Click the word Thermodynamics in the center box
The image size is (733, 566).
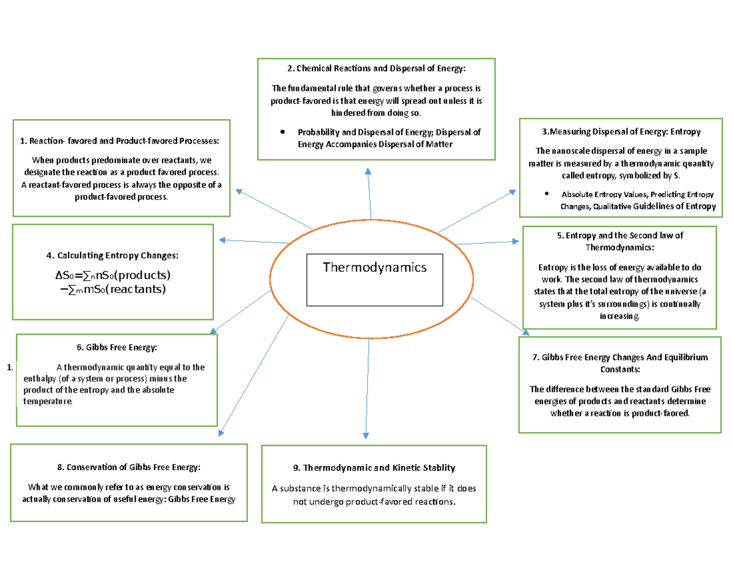(x=374, y=267)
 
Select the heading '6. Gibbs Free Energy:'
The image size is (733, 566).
(x=117, y=347)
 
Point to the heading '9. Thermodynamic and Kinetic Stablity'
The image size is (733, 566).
(x=374, y=468)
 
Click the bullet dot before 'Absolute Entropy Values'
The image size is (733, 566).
(x=545, y=195)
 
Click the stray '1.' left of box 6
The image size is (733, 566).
(x=9, y=368)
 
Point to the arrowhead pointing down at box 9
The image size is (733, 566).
(x=366, y=435)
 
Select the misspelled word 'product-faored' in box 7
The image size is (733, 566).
(x=662, y=413)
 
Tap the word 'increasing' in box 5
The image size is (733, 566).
(x=620, y=316)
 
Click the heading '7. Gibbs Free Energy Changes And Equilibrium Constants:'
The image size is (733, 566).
(x=620, y=363)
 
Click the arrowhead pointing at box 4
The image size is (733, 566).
(x=224, y=239)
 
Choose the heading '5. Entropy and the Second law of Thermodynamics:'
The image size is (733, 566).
(x=620, y=241)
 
